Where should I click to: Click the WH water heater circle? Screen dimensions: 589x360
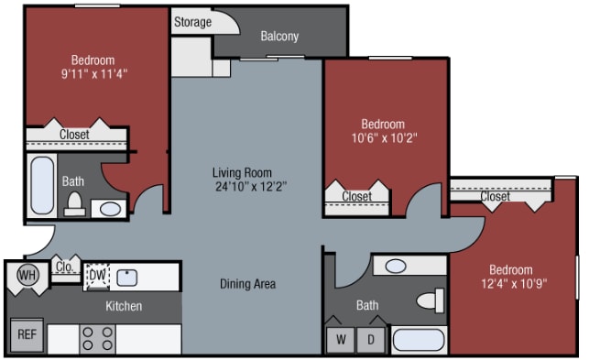click(27, 275)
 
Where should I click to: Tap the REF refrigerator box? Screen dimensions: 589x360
click(27, 335)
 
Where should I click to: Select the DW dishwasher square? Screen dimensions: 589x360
click(97, 277)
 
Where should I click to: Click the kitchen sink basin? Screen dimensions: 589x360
click(127, 278)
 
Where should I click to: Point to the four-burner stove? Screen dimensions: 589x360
click(97, 339)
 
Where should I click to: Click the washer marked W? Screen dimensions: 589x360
click(341, 340)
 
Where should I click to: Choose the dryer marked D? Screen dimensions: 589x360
click(371, 340)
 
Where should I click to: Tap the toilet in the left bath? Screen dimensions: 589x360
click(74, 204)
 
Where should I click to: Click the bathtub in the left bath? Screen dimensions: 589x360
click(42, 185)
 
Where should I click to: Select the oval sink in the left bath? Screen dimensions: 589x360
click(110, 209)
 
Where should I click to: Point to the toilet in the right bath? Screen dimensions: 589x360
click(431, 300)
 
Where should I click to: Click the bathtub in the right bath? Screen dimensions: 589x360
click(419, 341)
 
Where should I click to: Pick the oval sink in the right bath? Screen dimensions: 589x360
click(396, 266)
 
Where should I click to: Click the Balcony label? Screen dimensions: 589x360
click(279, 36)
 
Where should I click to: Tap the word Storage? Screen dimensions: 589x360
click(192, 22)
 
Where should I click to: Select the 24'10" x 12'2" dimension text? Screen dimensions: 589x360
click(251, 186)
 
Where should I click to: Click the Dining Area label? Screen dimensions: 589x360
click(248, 284)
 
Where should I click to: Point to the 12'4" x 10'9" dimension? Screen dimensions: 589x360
click(514, 283)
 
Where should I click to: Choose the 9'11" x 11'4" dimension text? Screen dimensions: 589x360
click(94, 73)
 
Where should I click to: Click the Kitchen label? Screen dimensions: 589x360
click(124, 306)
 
